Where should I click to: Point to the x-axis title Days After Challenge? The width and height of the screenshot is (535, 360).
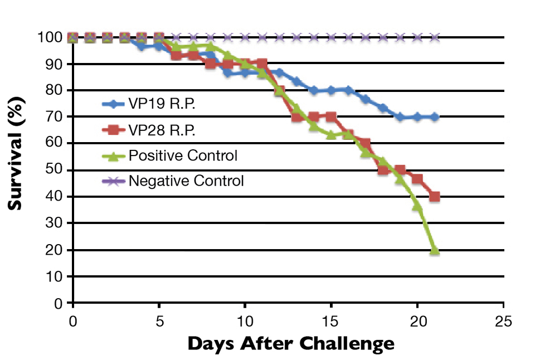[291, 343]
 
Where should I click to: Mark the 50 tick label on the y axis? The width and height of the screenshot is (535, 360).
[53, 170]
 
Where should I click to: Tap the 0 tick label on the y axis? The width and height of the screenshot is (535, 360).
[57, 303]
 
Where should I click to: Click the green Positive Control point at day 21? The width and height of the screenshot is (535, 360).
[435, 250]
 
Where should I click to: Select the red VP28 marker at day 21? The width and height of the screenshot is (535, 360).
[435, 197]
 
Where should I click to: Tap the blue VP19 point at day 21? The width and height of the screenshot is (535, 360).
[435, 117]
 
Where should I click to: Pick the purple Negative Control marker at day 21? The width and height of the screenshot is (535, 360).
[435, 37]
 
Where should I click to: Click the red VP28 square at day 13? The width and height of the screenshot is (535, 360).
[296, 117]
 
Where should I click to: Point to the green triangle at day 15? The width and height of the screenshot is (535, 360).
[331, 135]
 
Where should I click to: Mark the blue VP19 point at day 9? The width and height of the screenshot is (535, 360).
[227, 72]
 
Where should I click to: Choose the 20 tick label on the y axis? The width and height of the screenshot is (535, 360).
[53, 250]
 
